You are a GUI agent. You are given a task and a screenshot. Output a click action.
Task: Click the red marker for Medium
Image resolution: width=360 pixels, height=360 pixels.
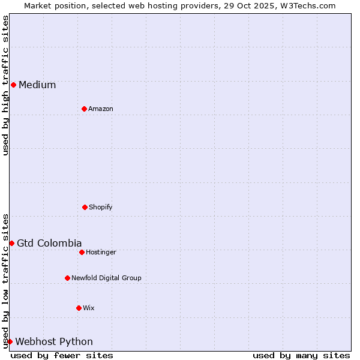[x=13, y=85]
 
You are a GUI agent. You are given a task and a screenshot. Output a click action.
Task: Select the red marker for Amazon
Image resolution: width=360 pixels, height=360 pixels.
[x=84, y=109]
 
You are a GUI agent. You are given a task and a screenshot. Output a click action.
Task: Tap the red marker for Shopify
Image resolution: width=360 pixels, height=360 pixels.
[x=85, y=207]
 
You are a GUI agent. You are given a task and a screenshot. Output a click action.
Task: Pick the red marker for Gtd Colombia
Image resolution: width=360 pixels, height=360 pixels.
[x=11, y=243]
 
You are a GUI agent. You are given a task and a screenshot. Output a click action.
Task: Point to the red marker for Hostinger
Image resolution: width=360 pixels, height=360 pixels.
[x=82, y=252]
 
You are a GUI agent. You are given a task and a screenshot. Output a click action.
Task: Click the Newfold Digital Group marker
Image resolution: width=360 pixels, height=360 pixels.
[x=67, y=278]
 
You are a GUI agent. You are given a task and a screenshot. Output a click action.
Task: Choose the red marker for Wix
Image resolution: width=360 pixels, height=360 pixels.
[x=79, y=308]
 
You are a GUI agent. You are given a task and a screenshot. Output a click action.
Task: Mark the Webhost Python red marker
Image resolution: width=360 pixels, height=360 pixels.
[x=10, y=341]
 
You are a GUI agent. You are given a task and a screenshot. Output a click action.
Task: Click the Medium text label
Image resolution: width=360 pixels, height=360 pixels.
[x=37, y=85]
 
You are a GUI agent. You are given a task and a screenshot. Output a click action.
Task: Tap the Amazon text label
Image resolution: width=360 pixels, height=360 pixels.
[x=101, y=109]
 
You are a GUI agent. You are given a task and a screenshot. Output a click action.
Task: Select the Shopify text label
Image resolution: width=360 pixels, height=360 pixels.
[x=101, y=207]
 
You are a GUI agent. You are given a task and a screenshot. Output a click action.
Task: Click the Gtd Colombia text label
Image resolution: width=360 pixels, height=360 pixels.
[x=49, y=243]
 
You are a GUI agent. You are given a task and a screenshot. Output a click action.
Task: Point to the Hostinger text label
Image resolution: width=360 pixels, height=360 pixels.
[x=101, y=252]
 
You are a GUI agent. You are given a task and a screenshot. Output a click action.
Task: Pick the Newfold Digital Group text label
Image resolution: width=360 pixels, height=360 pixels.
[x=106, y=278]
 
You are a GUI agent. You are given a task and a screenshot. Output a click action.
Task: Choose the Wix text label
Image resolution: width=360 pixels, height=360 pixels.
[x=89, y=308]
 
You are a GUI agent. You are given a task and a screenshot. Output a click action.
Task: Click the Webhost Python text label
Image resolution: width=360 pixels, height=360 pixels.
[x=54, y=341]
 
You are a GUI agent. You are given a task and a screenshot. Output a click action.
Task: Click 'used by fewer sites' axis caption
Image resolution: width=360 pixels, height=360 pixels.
[x=62, y=355]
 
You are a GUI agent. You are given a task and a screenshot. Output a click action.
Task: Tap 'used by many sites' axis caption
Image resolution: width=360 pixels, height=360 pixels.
[x=301, y=355]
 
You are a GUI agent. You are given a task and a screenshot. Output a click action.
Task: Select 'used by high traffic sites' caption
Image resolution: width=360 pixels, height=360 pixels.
[x=5, y=85]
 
